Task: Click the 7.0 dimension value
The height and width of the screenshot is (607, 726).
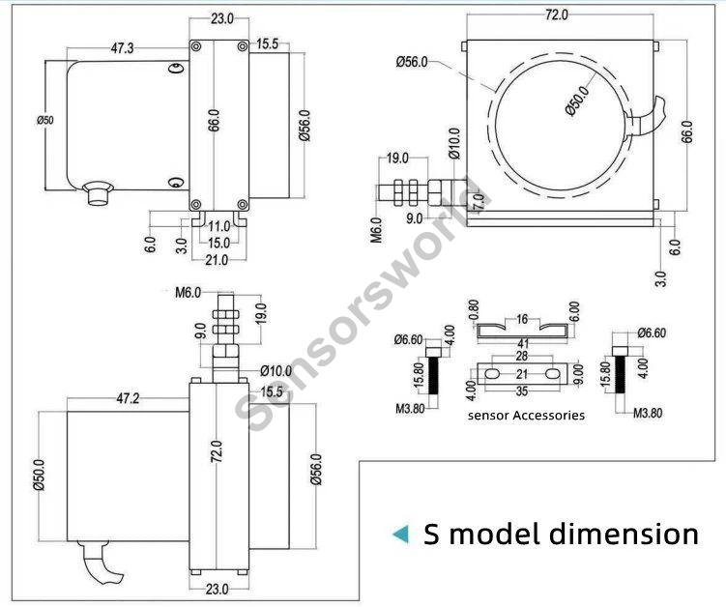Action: pyautogui.click(x=477, y=202)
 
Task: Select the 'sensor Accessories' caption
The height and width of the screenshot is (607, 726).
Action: pyautogui.click(x=526, y=415)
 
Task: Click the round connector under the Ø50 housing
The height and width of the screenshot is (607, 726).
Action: pyautogui.click(x=97, y=193)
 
